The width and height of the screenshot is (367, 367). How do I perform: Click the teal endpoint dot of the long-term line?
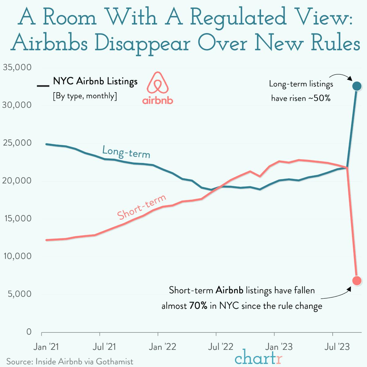point(357,86)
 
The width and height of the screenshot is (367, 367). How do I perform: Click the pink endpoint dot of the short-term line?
point(357,280)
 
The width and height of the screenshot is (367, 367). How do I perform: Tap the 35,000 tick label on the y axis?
point(17,67)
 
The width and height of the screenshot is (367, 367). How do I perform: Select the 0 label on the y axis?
point(29,332)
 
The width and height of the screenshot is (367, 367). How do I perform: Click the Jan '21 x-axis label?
point(46,347)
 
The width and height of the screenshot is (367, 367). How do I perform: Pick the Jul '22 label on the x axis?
point(221,347)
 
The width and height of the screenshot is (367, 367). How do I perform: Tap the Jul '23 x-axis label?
point(337,347)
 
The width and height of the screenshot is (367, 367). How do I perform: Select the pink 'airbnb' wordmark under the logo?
point(158,100)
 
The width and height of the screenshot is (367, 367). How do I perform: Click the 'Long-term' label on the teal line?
point(126,152)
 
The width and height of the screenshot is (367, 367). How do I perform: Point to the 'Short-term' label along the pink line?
point(142,207)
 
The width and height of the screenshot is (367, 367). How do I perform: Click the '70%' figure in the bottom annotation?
point(198,306)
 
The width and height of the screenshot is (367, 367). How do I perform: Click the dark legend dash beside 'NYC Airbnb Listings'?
point(43,85)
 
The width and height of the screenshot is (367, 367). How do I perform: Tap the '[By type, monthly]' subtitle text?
point(85,96)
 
